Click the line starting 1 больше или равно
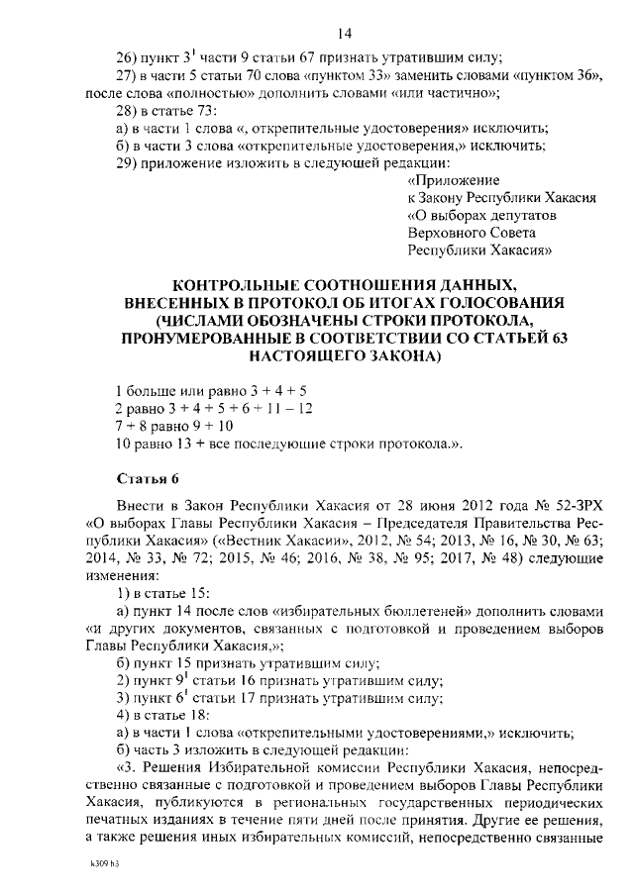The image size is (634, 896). click(x=197, y=390)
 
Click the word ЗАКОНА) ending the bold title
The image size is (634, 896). click(x=391, y=356)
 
